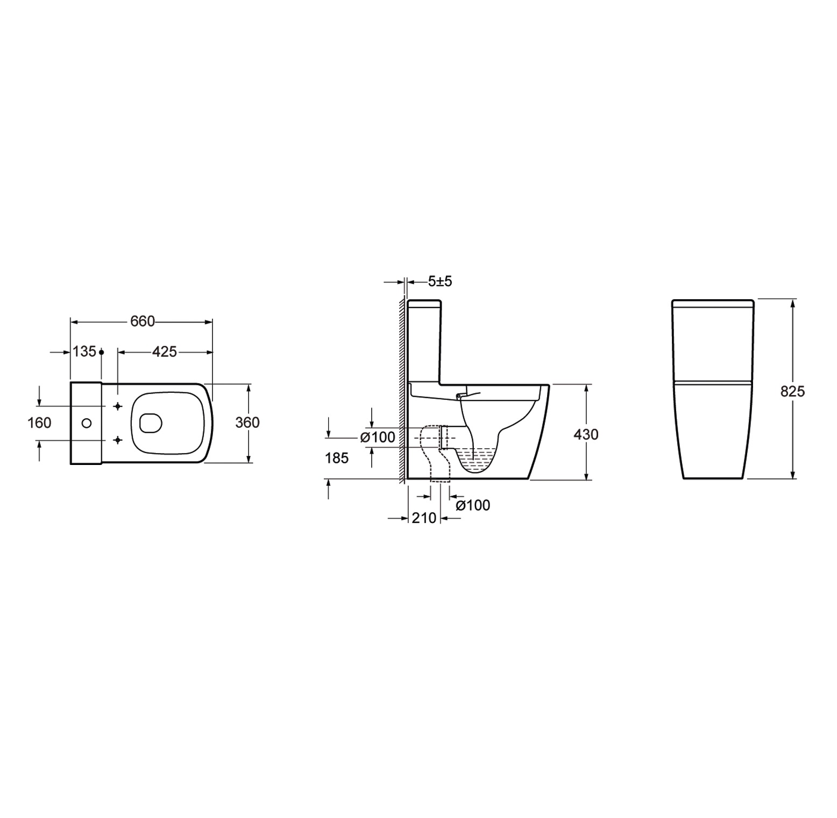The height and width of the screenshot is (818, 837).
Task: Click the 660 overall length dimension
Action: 143,321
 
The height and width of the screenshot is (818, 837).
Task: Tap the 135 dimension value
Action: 84,351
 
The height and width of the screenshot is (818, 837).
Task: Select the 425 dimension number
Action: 165,351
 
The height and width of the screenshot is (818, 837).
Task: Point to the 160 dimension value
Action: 40,423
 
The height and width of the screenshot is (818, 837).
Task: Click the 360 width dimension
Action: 248,423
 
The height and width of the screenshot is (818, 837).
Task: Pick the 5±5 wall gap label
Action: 439,281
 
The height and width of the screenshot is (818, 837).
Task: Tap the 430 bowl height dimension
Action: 586,434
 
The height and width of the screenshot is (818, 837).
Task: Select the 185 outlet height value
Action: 337,458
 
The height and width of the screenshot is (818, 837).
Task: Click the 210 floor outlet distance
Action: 424,518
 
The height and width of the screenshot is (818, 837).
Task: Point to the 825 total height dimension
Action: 793,391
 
